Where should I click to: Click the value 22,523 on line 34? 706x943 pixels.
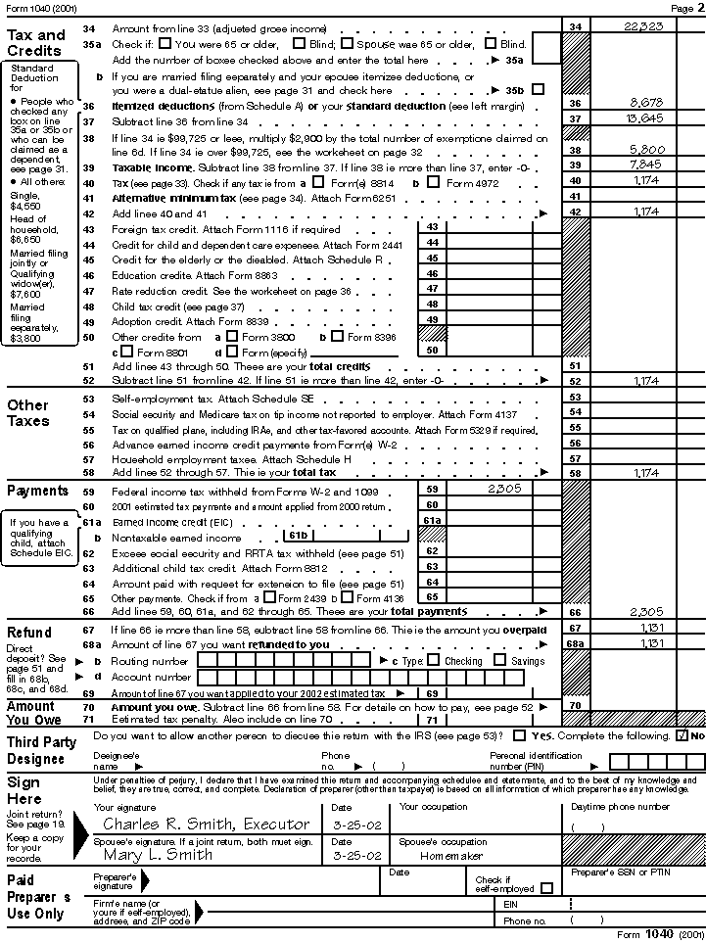tap(642, 26)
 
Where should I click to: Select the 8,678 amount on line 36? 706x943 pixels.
tap(647, 102)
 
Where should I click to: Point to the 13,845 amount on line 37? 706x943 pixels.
tap(644, 118)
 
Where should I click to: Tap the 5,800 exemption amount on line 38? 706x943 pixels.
tap(647, 150)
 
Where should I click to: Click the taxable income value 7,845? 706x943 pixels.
tap(647, 165)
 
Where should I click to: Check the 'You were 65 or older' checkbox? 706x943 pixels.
tap(165, 44)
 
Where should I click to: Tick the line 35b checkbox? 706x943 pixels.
tap(538, 89)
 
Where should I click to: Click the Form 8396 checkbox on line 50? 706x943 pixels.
tap(337, 336)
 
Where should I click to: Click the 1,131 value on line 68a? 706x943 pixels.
tap(650, 643)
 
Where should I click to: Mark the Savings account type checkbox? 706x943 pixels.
tap(499, 661)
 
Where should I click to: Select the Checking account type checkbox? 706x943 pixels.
tap(423, 661)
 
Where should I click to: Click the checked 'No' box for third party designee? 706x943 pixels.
tap(682, 735)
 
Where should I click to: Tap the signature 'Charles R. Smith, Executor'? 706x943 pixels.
tap(206, 824)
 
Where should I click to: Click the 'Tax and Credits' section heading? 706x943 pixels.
tap(36, 42)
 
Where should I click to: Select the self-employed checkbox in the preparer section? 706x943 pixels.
tap(546, 888)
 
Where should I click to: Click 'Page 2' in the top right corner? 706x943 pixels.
tap(682, 8)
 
